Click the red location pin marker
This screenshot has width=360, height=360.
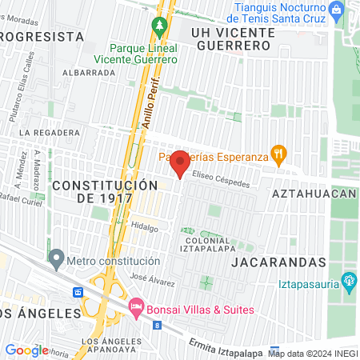click(180, 162)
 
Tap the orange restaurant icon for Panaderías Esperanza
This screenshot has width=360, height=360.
click(278, 155)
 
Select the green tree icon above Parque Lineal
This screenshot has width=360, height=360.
click(159, 26)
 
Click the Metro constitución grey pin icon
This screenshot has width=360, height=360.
click(56, 259)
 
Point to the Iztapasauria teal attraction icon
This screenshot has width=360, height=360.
click(348, 281)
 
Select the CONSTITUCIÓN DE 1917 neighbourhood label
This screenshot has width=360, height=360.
click(104, 191)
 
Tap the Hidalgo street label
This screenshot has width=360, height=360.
click(145, 227)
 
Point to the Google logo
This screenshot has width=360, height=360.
click(26, 350)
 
